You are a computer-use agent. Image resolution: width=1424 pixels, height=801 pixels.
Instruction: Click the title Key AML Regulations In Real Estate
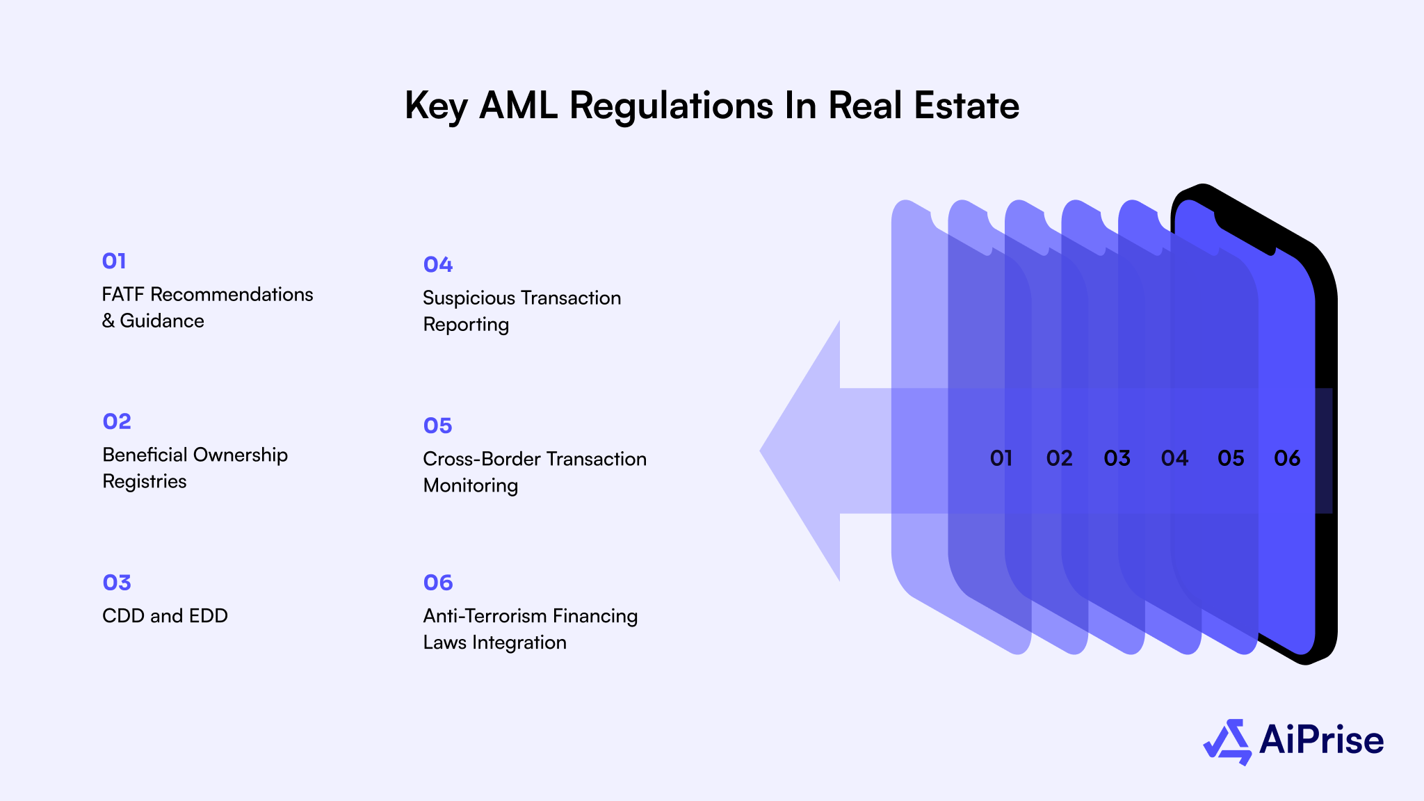(712, 106)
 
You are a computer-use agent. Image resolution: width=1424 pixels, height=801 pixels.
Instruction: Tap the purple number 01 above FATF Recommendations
(114, 261)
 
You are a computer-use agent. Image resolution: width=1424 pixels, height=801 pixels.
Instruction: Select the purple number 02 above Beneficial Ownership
(117, 421)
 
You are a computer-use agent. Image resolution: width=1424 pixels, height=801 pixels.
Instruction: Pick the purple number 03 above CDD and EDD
(117, 583)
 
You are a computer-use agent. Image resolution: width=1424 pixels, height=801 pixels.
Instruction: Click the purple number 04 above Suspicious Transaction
(438, 265)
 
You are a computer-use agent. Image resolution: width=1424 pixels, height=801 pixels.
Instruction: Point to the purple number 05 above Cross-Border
(438, 426)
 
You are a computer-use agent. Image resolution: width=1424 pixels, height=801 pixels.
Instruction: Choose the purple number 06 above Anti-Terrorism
(438, 583)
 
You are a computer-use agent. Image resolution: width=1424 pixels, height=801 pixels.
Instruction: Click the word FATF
(123, 295)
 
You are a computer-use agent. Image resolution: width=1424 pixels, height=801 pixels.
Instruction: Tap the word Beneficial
(145, 455)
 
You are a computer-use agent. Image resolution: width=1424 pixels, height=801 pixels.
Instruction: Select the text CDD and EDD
(165, 616)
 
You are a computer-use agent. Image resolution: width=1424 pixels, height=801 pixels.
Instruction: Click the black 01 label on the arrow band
(1001, 458)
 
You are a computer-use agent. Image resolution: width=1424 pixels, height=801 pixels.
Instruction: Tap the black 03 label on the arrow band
(1117, 458)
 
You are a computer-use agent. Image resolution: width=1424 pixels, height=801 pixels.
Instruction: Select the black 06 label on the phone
(1287, 458)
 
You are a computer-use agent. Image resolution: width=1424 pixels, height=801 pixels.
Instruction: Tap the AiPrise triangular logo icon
(1228, 742)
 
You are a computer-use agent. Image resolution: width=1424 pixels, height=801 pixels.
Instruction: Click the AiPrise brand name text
(1321, 740)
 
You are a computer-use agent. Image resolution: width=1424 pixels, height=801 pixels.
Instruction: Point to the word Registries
(145, 482)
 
